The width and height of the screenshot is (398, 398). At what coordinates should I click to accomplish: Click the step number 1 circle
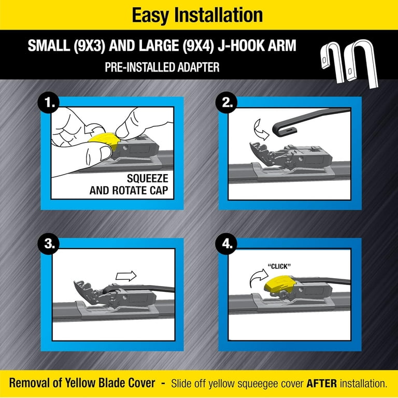tap(48, 103)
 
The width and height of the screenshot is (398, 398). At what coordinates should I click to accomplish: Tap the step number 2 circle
tap(226, 103)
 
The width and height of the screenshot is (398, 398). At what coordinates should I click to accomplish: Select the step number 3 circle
tap(48, 244)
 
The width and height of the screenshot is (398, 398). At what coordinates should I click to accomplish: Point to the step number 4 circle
tap(226, 244)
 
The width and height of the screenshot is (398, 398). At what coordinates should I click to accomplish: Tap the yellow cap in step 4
tap(279, 283)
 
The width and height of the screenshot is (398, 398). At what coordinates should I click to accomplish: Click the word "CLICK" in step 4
tap(279, 266)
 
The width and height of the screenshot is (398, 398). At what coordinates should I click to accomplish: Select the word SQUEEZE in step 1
tap(148, 178)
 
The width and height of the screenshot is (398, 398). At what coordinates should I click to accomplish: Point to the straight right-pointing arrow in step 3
tap(126, 276)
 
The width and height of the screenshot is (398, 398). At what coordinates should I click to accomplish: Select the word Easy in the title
tap(150, 15)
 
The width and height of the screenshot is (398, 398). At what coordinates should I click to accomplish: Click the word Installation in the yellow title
tap(218, 15)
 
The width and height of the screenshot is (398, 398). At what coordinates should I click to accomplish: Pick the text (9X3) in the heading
tap(89, 46)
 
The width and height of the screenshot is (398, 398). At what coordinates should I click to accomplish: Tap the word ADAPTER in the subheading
tap(198, 67)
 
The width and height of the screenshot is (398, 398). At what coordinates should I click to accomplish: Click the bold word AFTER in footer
tap(322, 383)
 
